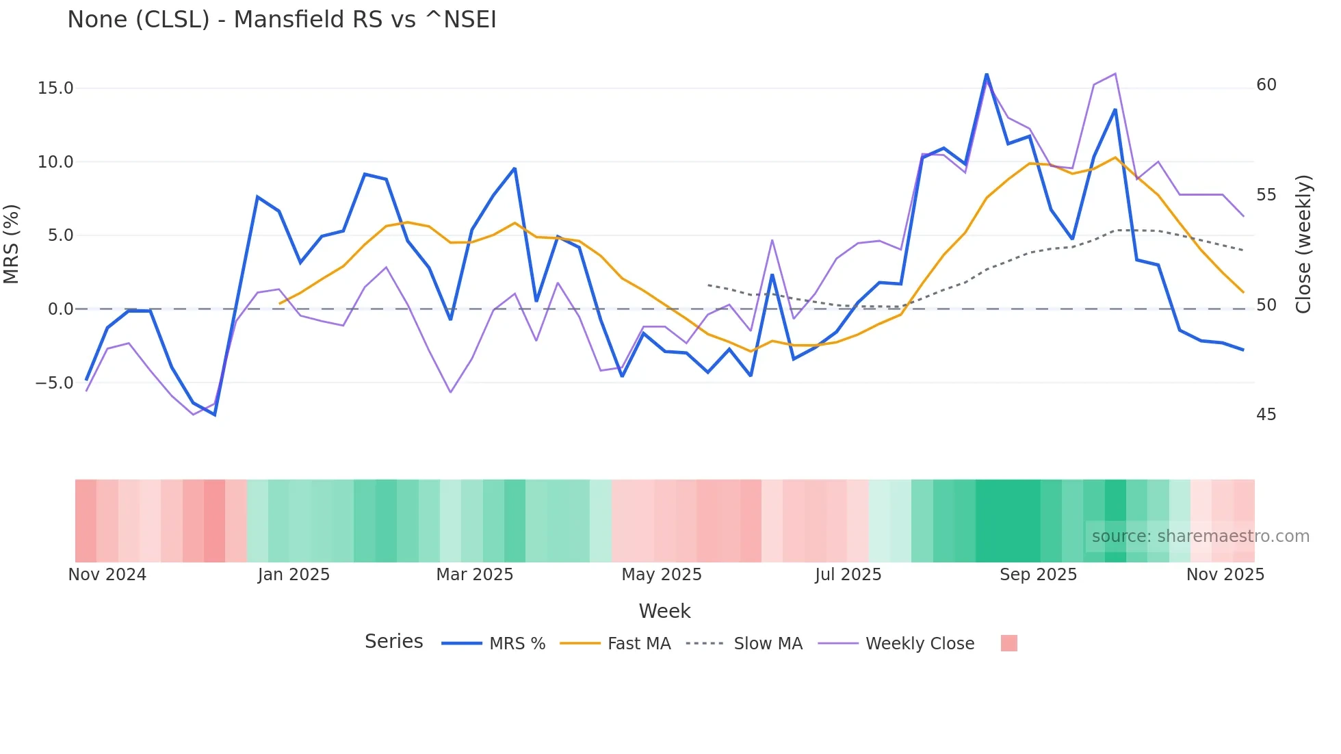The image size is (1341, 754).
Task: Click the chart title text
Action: pos(281,20)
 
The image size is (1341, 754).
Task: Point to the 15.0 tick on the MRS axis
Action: pos(55,88)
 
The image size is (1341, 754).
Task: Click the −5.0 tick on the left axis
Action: pos(54,383)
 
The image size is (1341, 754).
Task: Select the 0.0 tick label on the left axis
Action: pos(60,309)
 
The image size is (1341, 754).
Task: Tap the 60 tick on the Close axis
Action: pos(1266,85)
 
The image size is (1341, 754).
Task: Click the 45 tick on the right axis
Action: pos(1266,415)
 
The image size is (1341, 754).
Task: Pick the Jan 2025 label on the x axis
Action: pos(294,575)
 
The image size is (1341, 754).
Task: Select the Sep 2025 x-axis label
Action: pos(1038,575)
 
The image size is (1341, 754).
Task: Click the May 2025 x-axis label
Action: pos(662,575)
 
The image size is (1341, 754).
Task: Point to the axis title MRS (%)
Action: pos(12,244)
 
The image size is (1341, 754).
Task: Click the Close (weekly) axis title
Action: pos(1304,244)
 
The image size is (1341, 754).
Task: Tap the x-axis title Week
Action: pos(664,611)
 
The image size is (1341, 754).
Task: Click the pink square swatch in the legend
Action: pos(1008,643)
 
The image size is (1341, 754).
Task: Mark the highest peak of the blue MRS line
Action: pos(987,74)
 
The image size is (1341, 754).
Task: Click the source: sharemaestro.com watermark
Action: pos(1200,536)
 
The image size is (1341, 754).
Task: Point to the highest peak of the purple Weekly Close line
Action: pos(1115,74)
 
